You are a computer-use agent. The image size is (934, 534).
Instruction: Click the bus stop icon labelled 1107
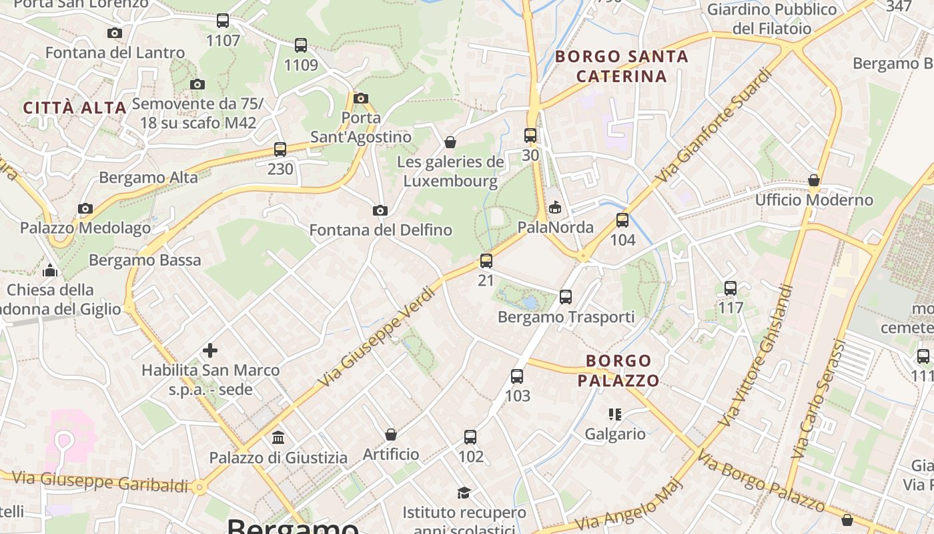coord(223,21)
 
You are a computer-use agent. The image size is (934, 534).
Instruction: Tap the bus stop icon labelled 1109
coord(301,45)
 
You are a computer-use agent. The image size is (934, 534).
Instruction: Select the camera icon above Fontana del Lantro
coord(115,33)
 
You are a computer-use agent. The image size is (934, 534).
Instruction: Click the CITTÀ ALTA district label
coord(75,107)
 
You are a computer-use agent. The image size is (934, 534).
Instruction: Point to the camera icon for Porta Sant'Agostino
coord(361,98)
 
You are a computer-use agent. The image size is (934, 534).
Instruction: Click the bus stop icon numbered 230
coord(280,150)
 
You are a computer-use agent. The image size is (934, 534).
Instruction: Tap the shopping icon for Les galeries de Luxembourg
coord(450,142)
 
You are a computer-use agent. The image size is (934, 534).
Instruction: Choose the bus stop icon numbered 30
coord(530,136)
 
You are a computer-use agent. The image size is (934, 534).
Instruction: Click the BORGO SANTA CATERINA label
coord(622,66)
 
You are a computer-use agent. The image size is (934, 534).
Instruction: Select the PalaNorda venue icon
coord(555,208)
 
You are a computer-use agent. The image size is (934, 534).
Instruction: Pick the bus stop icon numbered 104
coord(622,220)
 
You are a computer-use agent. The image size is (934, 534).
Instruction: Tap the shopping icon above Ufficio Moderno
coord(814,180)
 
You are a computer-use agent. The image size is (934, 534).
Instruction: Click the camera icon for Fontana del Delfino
coord(380,210)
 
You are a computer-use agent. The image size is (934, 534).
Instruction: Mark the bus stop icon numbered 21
coord(486,261)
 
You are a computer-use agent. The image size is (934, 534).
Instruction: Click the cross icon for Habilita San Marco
coord(210,350)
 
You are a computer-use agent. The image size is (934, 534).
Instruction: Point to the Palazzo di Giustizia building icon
coord(278,438)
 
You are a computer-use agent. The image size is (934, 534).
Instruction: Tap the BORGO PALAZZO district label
coord(618,370)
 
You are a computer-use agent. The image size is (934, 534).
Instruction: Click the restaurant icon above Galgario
coord(615,415)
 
